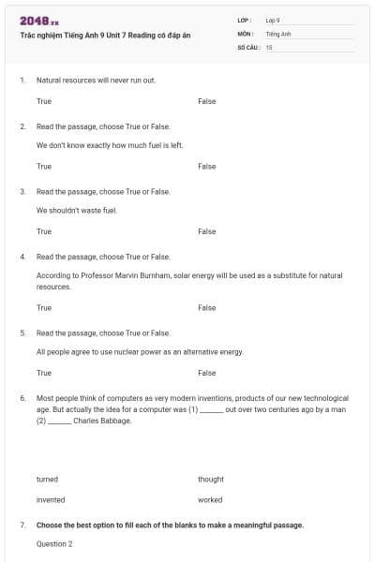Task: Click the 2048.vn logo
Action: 39,21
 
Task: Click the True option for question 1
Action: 44,101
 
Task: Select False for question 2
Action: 207,167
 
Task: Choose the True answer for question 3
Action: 44,231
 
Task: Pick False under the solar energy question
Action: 207,307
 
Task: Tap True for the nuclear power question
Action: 44,373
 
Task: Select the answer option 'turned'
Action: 47,480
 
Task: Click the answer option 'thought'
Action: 211,480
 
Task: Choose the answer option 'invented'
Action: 51,500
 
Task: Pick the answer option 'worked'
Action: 210,500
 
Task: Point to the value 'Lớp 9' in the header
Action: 273,20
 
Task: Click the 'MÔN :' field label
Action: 246,33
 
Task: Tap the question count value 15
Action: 269,47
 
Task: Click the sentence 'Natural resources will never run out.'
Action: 96,81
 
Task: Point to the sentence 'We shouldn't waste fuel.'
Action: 77,211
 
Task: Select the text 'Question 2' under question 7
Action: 54,543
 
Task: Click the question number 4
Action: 22,256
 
